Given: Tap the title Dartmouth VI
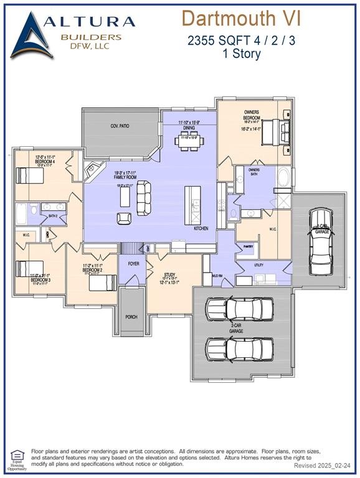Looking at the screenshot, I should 241,18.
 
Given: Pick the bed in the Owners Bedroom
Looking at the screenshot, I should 275,133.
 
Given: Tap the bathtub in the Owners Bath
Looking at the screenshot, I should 283,178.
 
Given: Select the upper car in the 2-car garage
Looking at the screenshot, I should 240,308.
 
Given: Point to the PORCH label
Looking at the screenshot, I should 131,316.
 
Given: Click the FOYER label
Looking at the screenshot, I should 133,264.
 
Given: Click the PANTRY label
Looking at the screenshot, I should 248,246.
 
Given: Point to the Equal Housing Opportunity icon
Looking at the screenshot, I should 17,458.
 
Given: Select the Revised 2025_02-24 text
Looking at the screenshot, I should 323,466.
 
